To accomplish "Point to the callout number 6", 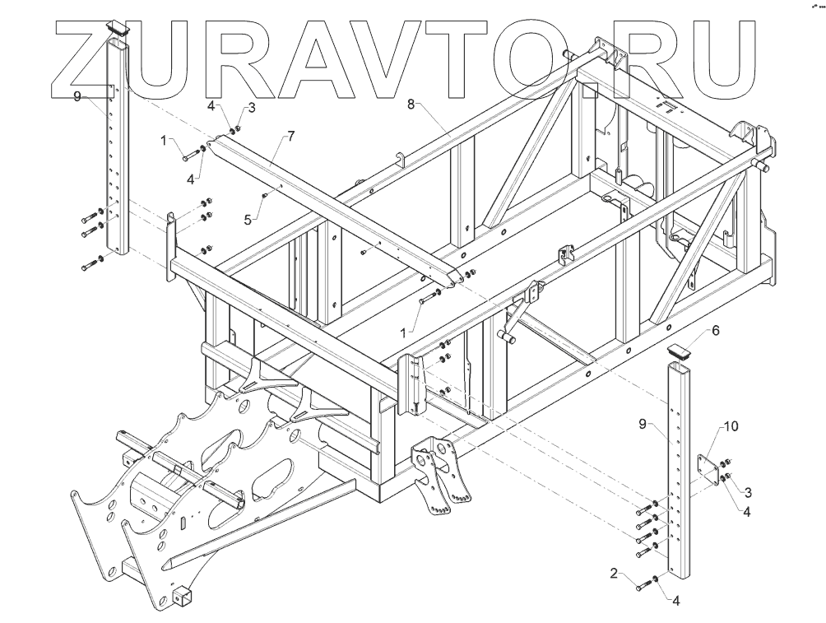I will [x=715, y=330].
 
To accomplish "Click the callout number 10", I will [x=731, y=426].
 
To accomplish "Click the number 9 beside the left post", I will [x=77, y=96].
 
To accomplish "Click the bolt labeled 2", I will [x=643, y=586].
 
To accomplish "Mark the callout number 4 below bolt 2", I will [x=676, y=601].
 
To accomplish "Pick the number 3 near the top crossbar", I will [x=252, y=107].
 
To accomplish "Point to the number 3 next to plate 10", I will [x=748, y=492].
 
